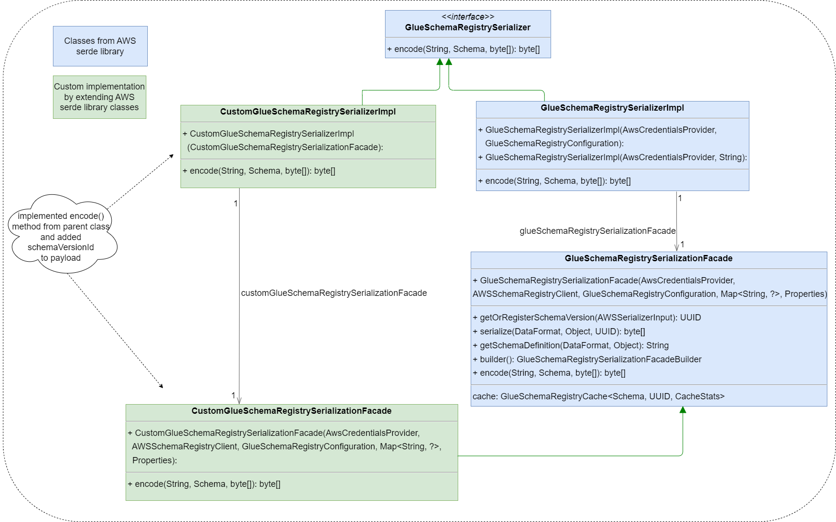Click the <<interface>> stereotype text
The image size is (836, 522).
(467, 17)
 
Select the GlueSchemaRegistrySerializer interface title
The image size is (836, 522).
(467, 27)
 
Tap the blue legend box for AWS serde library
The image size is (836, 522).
(100, 46)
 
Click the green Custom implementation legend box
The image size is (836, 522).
(99, 97)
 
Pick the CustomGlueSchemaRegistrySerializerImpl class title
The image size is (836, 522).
(308, 112)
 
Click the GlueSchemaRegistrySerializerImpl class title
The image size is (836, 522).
(612, 108)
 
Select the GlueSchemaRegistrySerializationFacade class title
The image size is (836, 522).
(648, 258)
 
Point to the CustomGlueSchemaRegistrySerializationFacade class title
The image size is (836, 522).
(291, 411)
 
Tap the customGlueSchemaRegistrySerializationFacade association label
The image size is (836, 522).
(334, 293)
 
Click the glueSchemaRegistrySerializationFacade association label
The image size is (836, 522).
(597, 231)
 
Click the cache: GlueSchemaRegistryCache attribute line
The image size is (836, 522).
(598, 396)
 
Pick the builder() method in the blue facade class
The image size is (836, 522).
(587, 359)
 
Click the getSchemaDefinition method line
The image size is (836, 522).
(570, 345)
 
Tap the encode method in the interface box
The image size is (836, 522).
(463, 49)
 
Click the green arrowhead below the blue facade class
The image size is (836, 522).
(682, 410)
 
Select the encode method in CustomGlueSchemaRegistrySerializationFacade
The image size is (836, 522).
(204, 484)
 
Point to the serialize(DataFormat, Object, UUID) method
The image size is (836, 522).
(558, 331)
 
